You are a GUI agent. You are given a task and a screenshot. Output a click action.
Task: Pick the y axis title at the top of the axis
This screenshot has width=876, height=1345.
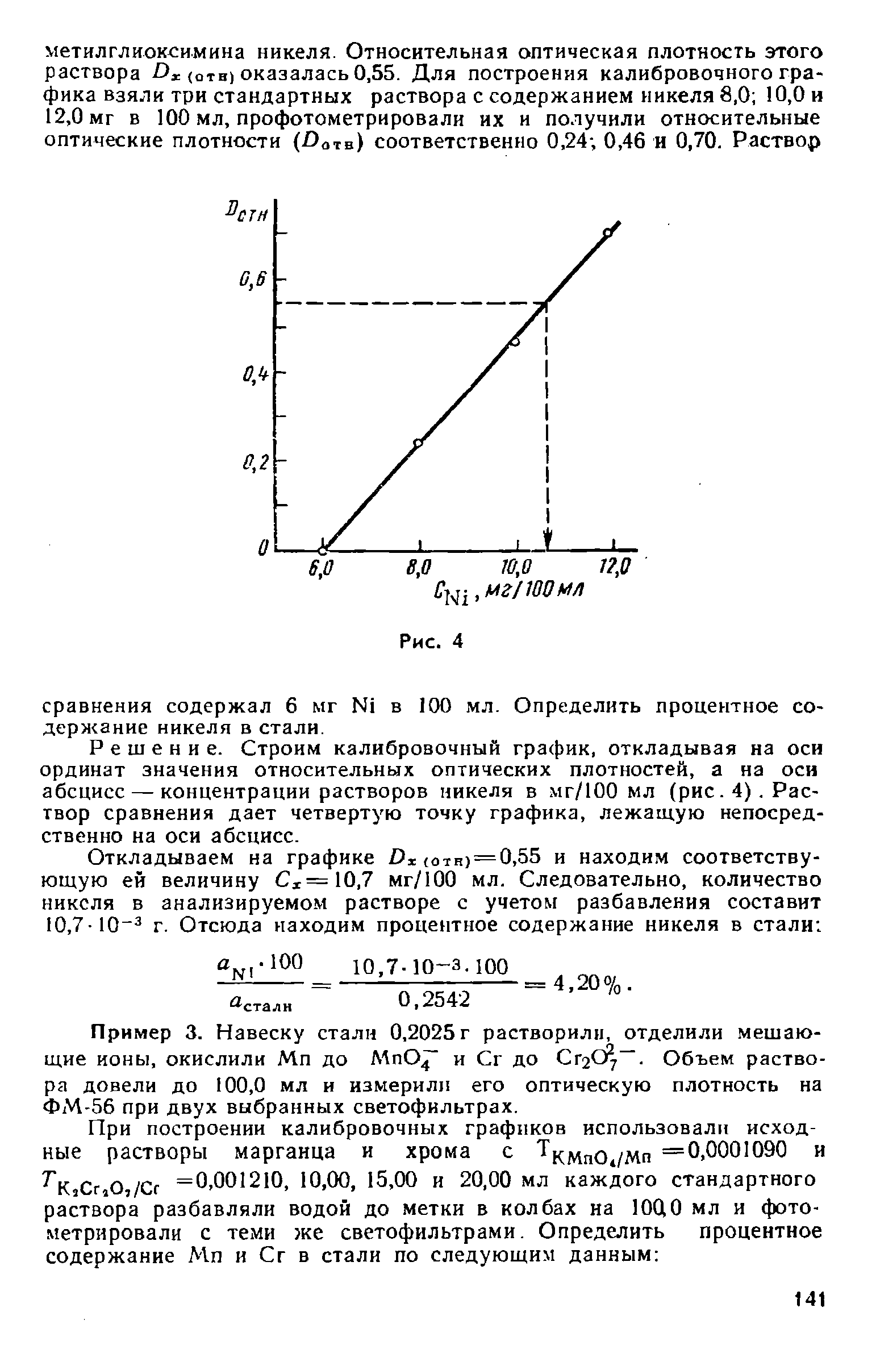(246, 216)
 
